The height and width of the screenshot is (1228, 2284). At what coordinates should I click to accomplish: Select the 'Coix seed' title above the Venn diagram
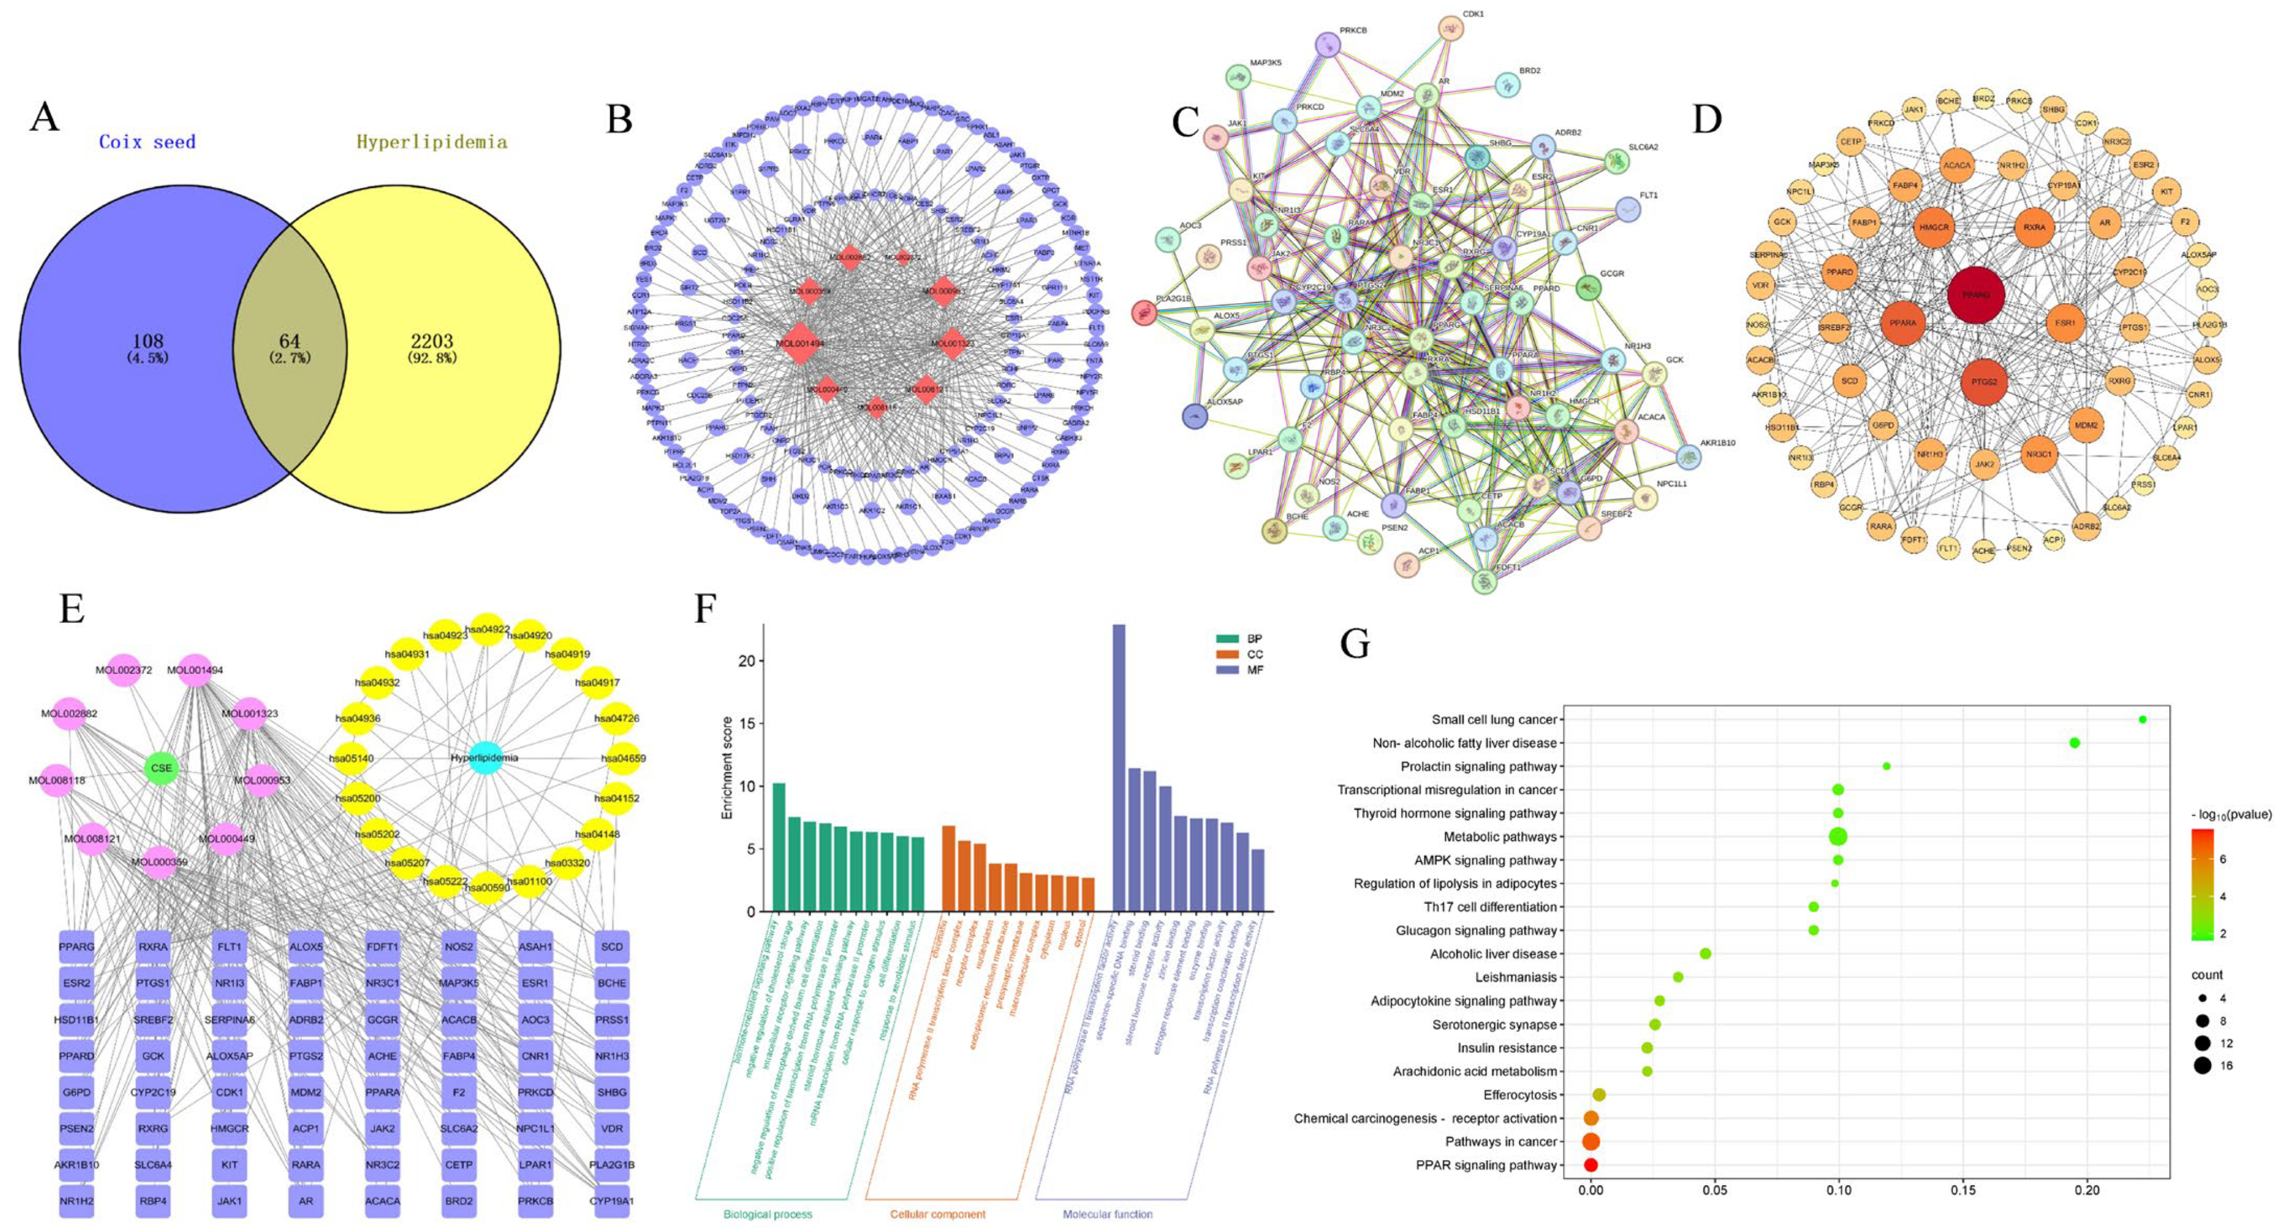click(147, 142)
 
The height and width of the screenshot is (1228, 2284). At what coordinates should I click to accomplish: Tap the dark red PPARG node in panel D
click(1976, 296)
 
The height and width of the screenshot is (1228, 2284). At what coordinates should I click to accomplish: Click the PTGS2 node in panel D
click(1984, 382)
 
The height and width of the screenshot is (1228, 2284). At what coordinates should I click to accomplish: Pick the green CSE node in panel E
click(161, 768)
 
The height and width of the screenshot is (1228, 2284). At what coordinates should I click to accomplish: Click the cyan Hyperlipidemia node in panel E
click(484, 758)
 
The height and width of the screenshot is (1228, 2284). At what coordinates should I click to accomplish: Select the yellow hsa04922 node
click(487, 629)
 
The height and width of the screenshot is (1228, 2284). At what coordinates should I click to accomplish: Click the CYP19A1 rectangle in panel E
click(612, 1201)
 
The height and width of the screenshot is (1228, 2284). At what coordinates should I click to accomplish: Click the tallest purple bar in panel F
click(1119, 767)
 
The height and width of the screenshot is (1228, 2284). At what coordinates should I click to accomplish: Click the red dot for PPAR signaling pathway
click(1591, 1165)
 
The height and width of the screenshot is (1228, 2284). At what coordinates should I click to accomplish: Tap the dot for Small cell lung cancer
click(2143, 720)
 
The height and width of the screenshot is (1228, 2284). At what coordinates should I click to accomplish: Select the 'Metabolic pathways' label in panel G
click(1499, 837)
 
